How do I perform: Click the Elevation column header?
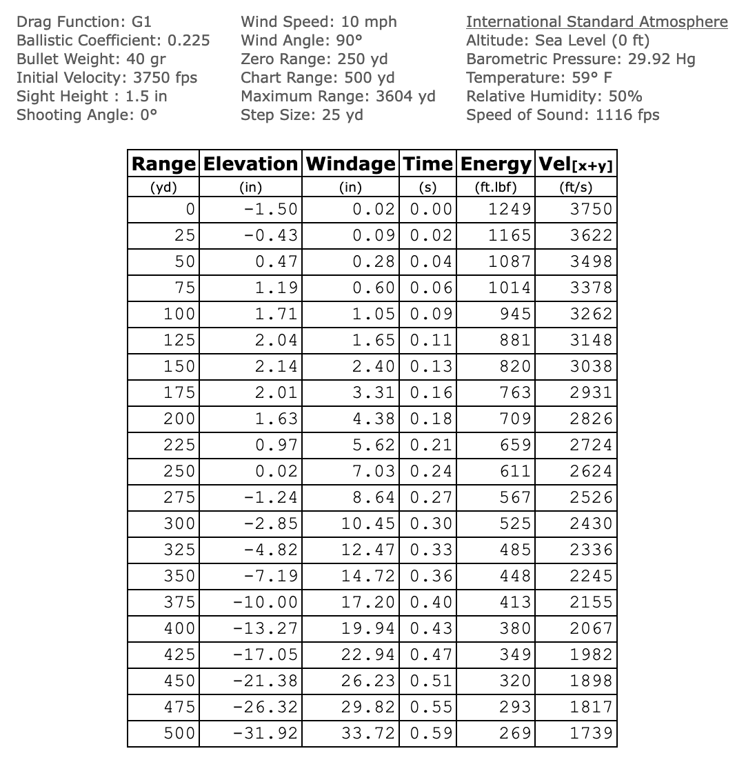pyautogui.click(x=251, y=164)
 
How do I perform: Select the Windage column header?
pyautogui.click(x=351, y=164)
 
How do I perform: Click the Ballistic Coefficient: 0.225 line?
pyautogui.click(x=113, y=41)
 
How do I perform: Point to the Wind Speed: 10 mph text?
pyautogui.click(x=319, y=22)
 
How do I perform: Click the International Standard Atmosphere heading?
pyautogui.click(x=596, y=22)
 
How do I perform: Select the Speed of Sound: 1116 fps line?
pyautogui.click(x=562, y=115)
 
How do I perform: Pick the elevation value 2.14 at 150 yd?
pyautogui.click(x=276, y=367)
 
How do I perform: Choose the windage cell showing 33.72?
pyautogui.click(x=368, y=734)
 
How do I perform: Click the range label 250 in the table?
pyautogui.click(x=179, y=472)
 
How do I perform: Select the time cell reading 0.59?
pyautogui.click(x=431, y=734)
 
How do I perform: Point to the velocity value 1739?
pyautogui.click(x=591, y=734)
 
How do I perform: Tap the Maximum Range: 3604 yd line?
pyautogui.click(x=338, y=97)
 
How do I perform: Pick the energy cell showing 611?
pyautogui.click(x=515, y=472)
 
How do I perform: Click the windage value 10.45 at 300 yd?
pyautogui.click(x=368, y=524)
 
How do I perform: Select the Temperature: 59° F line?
pyautogui.click(x=538, y=78)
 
